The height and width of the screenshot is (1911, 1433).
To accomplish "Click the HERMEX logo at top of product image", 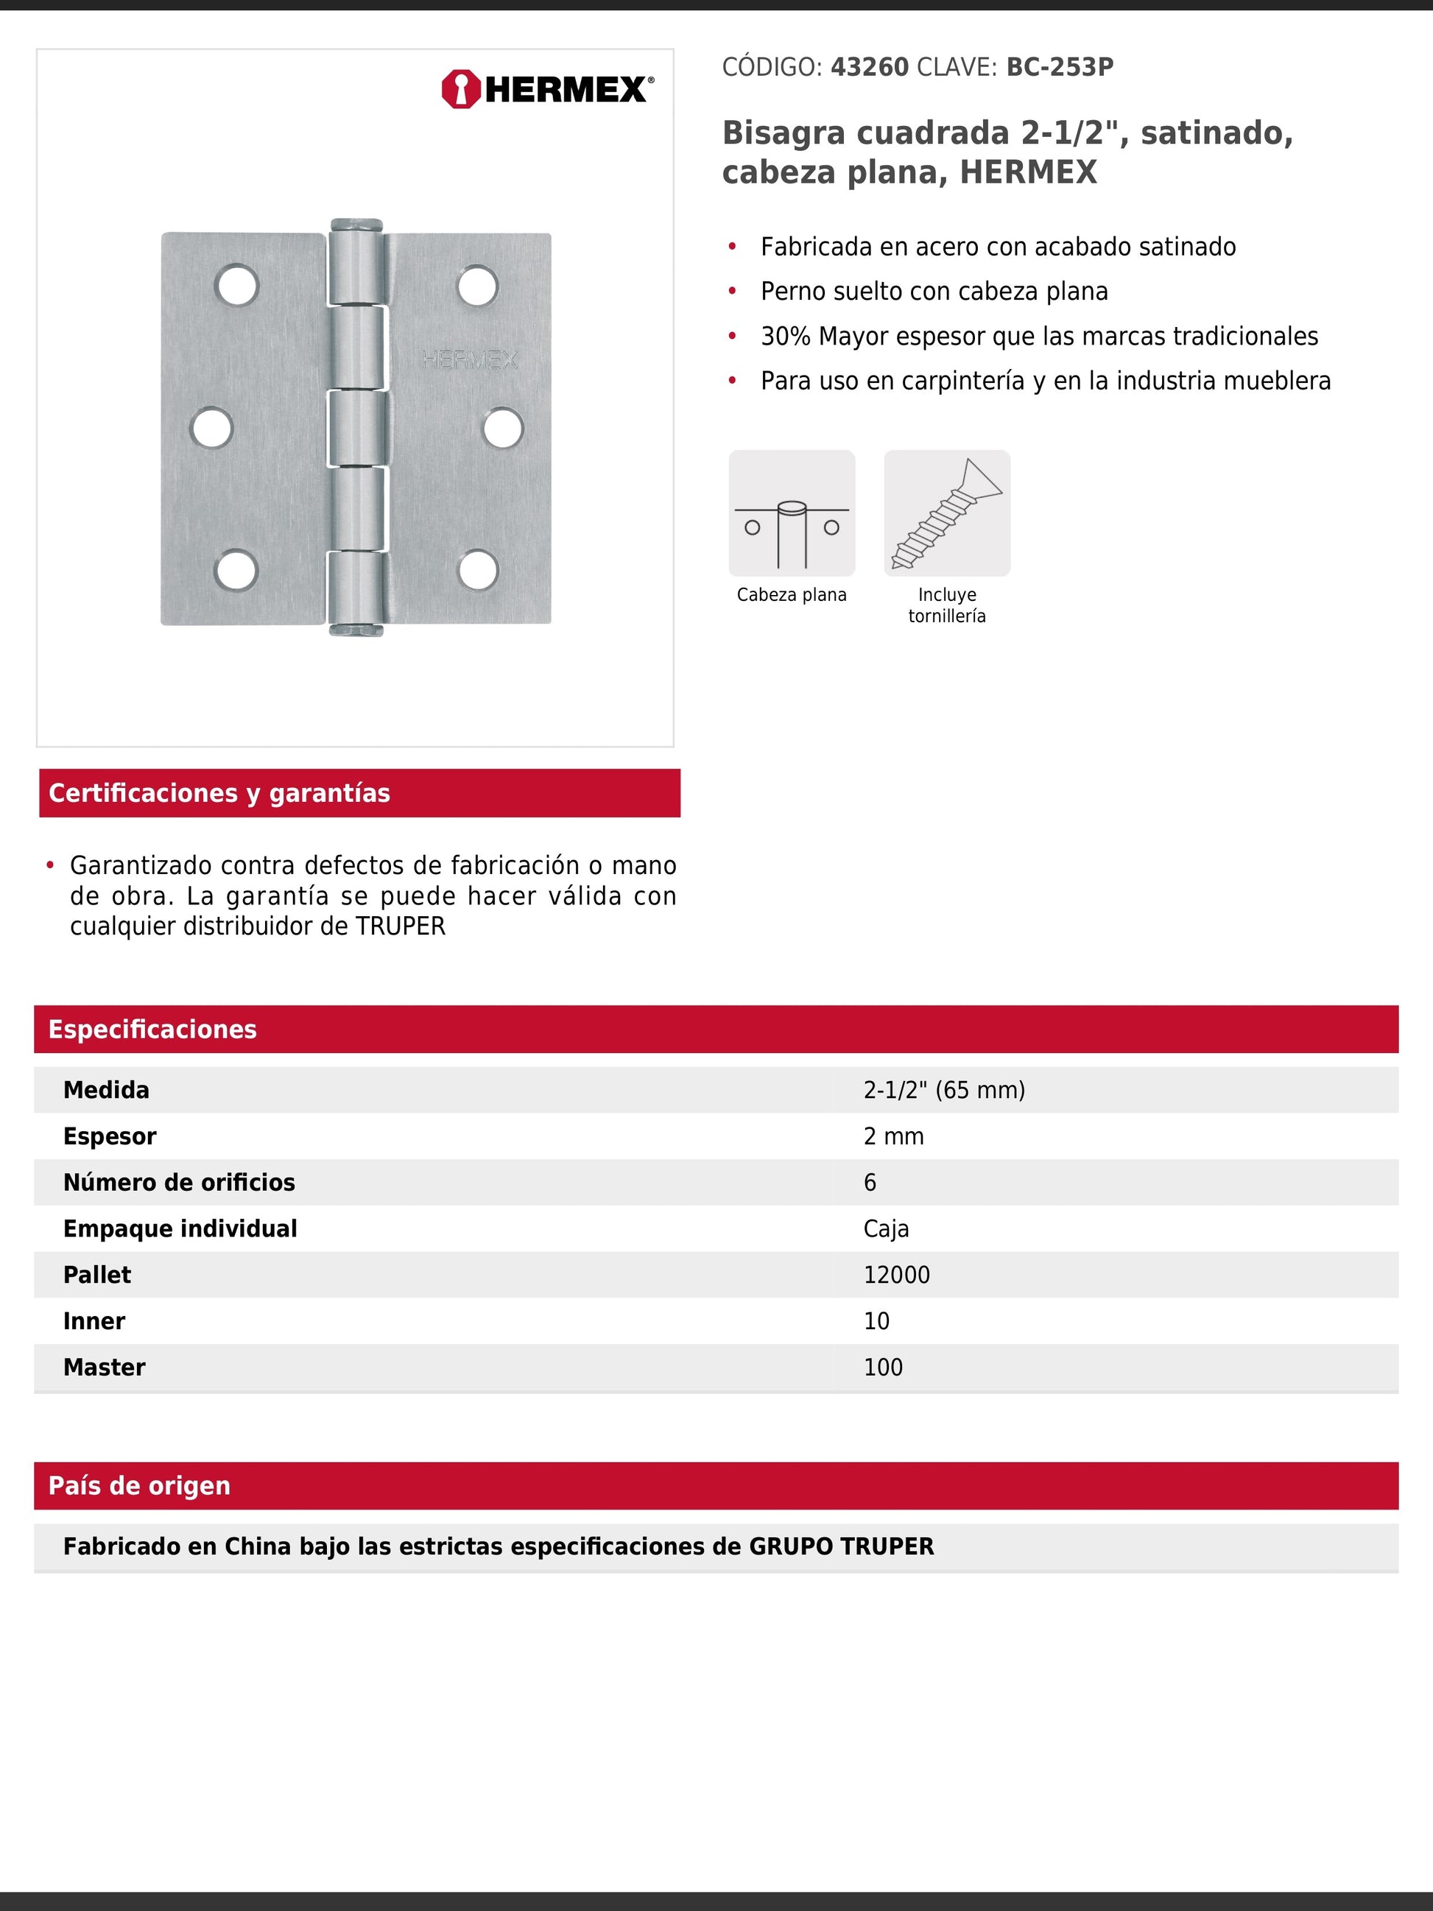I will pyautogui.click(x=547, y=89).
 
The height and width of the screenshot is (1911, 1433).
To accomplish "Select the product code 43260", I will pyautogui.click(x=869, y=68).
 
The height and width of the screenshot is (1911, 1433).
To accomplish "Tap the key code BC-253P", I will pyautogui.click(x=1059, y=68).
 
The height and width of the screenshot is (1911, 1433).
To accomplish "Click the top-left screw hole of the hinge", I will pyautogui.click(x=236, y=286).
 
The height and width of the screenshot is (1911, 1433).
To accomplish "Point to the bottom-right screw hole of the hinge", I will pyautogui.click(x=478, y=569).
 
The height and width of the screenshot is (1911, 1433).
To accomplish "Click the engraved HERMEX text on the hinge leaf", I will pyautogui.click(x=470, y=360).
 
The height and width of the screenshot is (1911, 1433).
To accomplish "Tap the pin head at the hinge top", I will pyautogui.click(x=356, y=225).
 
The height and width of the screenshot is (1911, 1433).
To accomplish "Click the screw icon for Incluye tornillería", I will pyautogui.click(x=947, y=513).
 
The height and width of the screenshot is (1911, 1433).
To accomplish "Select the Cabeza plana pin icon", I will pyautogui.click(x=791, y=513).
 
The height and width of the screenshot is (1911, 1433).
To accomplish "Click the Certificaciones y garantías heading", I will pyautogui.click(x=219, y=793).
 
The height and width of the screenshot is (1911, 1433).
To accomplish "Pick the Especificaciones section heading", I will pyautogui.click(x=152, y=1029).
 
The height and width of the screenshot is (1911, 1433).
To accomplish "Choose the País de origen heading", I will pyautogui.click(x=139, y=1485).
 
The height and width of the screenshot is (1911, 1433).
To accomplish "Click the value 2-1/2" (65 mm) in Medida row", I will pyautogui.click(x=943, y=1091).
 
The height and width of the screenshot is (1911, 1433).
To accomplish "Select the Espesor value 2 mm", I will pyautogui.click(x=893, y=1136).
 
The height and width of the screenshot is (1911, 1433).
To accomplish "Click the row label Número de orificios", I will pyautogui.click(x=179, y=1183).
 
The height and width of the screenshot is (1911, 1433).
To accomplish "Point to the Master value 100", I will pyautogui.click(x=883, y=1368).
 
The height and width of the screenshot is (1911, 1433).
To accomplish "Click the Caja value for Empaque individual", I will pyautogui.click(x=885, y=1228).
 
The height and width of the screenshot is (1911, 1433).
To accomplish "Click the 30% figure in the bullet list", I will pyautogui.click(x=785, y=336).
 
